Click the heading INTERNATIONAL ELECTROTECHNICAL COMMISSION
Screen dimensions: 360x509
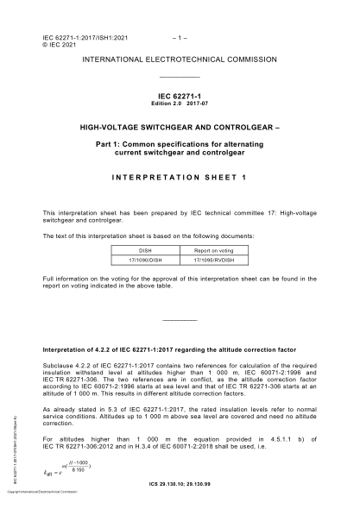[x=180, y=60]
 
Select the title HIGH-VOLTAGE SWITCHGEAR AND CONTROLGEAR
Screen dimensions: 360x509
[x=180, y=125]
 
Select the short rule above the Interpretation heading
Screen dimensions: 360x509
[x=180, y=321]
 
